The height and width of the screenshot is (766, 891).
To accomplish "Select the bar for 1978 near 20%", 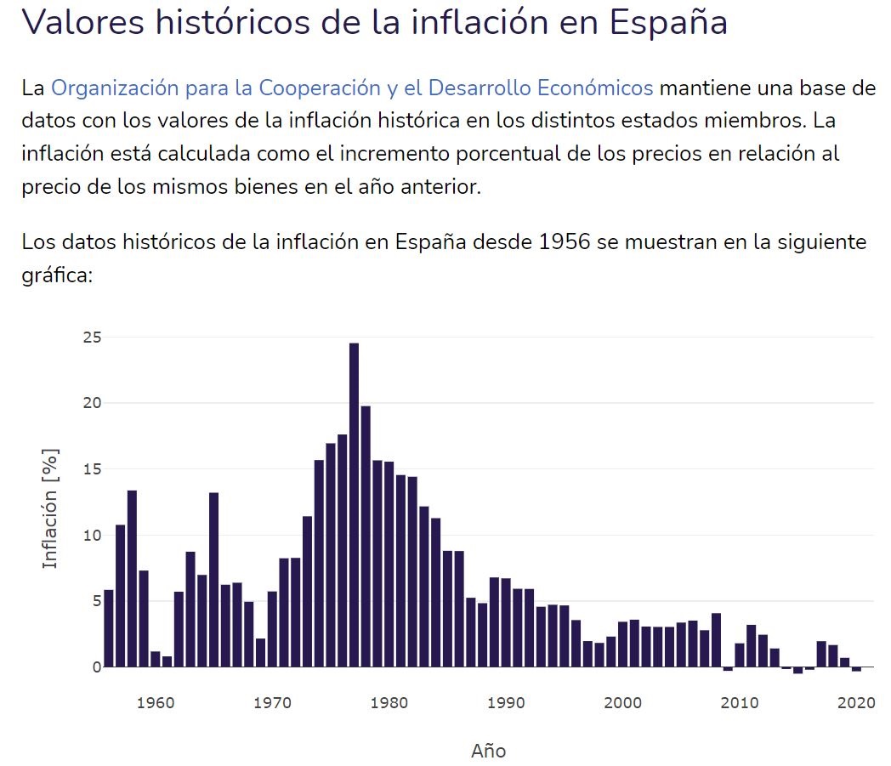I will [x=366, y=536].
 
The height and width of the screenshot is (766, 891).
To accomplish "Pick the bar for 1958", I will [x=132, y=579].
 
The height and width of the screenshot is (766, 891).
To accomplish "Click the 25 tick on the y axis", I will [x=92, y=338].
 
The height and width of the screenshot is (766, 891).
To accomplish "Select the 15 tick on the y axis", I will [x=92, y=469].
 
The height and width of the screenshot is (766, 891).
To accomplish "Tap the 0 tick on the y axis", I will [x=97, y=667].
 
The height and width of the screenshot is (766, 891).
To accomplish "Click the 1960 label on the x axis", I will [x=156, y=703].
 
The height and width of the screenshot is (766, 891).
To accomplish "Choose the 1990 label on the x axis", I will [x=507, y=703].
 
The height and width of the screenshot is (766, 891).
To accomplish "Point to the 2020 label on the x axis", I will [x=857, y=703].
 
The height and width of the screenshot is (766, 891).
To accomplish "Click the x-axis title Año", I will [x=488, y=751].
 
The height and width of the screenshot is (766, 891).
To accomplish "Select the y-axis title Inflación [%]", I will [x=51, y=508].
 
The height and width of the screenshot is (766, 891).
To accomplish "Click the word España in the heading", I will [x=669, y=22].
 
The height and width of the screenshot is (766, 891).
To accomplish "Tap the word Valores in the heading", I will [x=82, y=22].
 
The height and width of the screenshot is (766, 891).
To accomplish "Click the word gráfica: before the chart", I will [x=56, y=275].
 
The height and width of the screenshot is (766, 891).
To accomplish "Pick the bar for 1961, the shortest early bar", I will [x=167, y=661].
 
